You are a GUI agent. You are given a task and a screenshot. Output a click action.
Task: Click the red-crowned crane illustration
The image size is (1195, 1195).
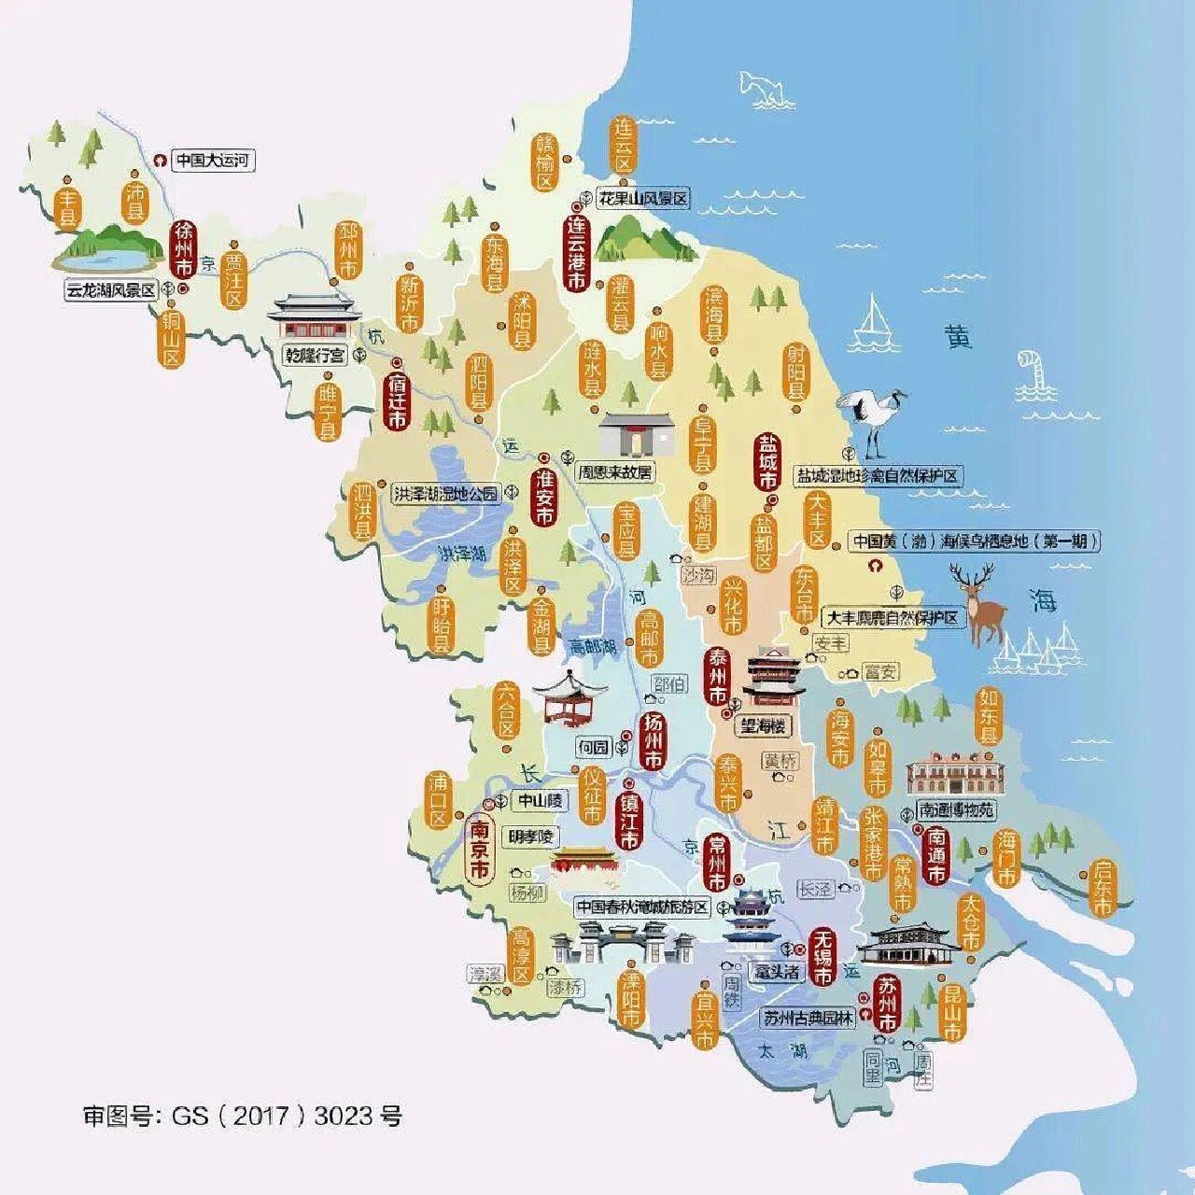[871, 420]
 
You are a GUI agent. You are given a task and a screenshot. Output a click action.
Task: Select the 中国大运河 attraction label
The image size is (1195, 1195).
[213, 161]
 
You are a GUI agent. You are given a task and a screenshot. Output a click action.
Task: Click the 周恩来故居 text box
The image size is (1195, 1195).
[616, 473]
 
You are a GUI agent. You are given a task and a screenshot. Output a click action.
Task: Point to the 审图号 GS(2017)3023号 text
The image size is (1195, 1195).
[243, 1116]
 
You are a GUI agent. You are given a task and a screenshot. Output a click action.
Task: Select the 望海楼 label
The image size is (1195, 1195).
[763, 725]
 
